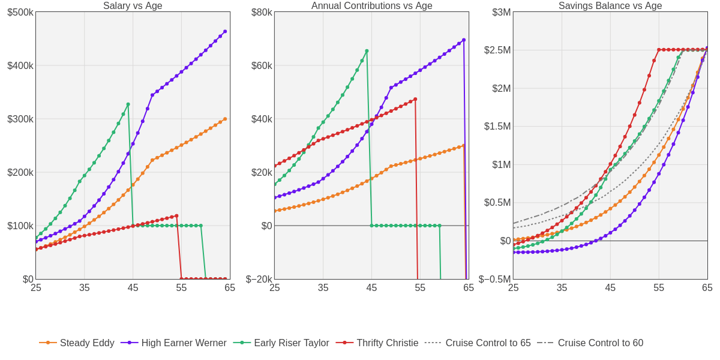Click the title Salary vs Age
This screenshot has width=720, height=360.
coord(133,6)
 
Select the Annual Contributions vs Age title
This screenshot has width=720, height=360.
coord(371,6)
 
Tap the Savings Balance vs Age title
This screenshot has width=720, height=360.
coord(610,6)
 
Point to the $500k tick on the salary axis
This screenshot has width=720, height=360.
coord(20,13)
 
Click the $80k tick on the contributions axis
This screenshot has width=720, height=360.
coord(262,13)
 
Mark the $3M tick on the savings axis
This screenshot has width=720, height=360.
coord(502,13)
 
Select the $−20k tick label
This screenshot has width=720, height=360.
coord(259,280)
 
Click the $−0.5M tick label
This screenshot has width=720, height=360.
coord(495,280)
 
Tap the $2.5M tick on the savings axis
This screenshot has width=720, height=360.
coord(497,50)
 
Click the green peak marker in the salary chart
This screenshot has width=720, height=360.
coord(128,104)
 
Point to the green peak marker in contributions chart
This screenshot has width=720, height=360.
coord(367,51)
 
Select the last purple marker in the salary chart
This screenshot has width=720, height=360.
coord(225,32)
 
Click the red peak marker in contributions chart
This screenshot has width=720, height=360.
coord(415,99)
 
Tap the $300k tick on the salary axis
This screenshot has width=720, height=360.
coord(20,119)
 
